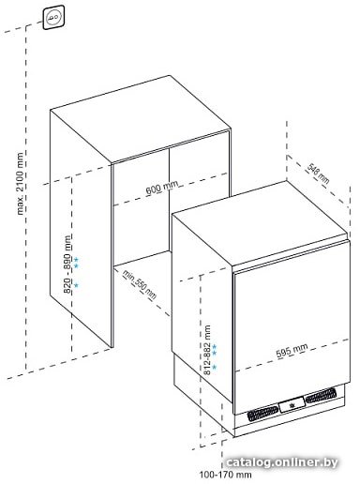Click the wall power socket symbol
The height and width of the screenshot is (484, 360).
tap(54, 18)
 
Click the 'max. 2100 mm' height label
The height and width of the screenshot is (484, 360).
tap(20, 184)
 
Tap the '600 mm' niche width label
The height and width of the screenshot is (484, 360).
tap(162, 188)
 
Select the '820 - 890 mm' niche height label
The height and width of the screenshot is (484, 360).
tap(67, 264)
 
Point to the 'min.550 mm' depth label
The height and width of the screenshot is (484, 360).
tap(139, 284)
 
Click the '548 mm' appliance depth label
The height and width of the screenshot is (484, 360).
tap(318, 174)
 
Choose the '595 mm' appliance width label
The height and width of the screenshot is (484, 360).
tap(292, 350)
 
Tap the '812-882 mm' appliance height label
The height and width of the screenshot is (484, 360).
tap(207, 350)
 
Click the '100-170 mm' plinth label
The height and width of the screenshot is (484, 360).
tap(225, 475)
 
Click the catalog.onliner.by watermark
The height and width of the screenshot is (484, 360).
tap(281, 462)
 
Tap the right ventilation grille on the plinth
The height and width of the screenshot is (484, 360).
tap(321, 395)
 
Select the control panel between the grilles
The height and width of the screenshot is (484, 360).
tap(292, 404)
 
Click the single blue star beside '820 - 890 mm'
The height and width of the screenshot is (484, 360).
tap(76, 285)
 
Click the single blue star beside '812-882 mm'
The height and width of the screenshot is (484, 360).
tap(214, 367)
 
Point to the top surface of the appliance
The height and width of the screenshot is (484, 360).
tap(260, 222)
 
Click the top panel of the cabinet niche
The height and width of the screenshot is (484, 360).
tap(141, 119)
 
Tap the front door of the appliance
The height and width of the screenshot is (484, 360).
tap(292, 327)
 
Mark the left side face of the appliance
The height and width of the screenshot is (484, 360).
tap(202, 308)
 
